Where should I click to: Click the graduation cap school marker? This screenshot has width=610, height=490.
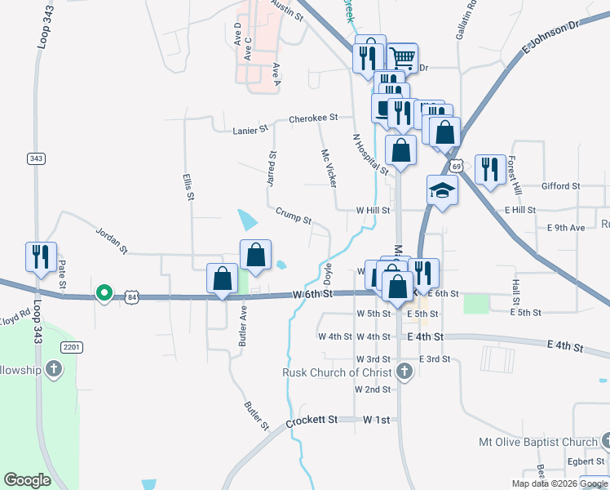(x=441, y=190)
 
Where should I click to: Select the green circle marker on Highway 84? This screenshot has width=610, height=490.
(x=104, y=292)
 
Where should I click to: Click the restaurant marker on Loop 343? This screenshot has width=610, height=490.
(x=41, y=257)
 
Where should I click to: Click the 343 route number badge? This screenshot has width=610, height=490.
(x=36, y=158)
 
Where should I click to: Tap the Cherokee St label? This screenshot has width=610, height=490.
(x=313, y=118)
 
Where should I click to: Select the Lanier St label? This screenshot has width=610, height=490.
(x=250, y=129)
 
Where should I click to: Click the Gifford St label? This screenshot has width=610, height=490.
(x=559, y=186)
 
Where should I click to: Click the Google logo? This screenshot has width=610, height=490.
(x=28, y=479)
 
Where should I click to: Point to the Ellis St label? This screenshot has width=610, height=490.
(x=188, y=186)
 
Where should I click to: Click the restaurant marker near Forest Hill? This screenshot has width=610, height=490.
(x=490, y=169)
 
